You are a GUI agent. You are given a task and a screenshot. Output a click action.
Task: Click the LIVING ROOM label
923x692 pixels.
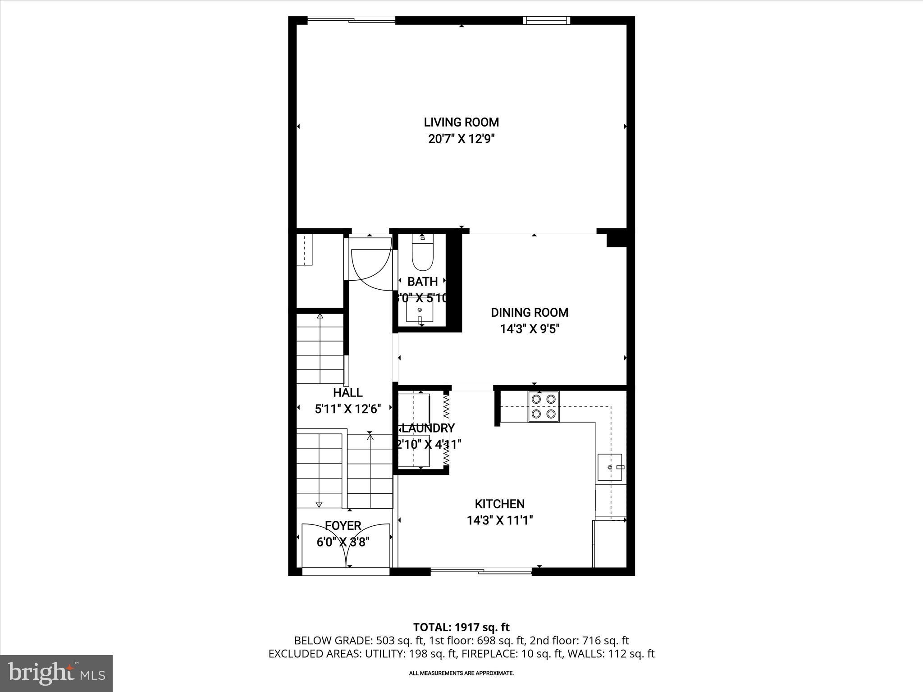pos(461,122)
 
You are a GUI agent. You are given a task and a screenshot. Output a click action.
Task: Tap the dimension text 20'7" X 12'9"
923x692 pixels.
pos(461,139)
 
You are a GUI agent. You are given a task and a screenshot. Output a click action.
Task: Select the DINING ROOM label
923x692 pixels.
pos(529,312)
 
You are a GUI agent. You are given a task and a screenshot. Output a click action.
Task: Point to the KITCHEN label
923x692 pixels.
pos(499,504)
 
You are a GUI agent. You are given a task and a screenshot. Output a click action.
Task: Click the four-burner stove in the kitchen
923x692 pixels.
pos(544,406)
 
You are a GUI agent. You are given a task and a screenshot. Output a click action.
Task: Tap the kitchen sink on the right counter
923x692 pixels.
pos(609,467)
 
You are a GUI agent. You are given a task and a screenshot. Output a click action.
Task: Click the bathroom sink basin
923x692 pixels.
pos(420,310)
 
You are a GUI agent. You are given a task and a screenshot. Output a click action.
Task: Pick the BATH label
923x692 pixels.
pos(422,282)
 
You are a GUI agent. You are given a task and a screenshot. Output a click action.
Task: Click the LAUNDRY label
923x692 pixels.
pos(428,428)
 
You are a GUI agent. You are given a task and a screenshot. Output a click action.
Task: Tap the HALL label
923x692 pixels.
pos(347,392)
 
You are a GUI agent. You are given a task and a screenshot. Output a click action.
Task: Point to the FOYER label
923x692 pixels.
pos(343,526)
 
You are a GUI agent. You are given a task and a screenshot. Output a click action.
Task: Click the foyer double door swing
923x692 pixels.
pos(345,547)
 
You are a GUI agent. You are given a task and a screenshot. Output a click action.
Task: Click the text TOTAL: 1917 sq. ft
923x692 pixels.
pos(461,627)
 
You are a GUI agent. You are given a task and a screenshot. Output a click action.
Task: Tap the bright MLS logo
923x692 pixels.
pos(56,673)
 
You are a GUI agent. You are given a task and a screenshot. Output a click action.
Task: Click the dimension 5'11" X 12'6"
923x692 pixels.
pos(347,409)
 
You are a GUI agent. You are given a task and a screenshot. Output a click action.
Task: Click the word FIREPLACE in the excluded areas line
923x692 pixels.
pos(490,654)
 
